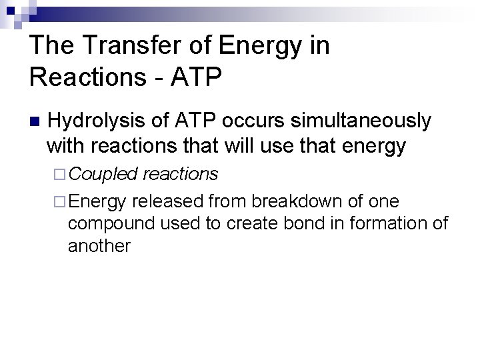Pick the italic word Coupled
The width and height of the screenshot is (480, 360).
(x=103, y=174)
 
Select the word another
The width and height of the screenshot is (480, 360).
(x=99, y=246)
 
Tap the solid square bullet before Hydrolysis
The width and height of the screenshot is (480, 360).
(x=35, y=122)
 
